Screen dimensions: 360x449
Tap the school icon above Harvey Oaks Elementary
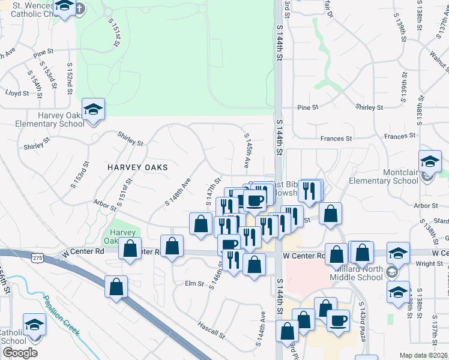[93, 109]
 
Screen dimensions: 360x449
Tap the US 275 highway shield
[37, 257]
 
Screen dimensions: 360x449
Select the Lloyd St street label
[17, 94]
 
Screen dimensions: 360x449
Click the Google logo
[20, 353]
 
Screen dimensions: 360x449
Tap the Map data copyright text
[423, 356]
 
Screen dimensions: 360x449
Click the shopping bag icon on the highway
[116, 287]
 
